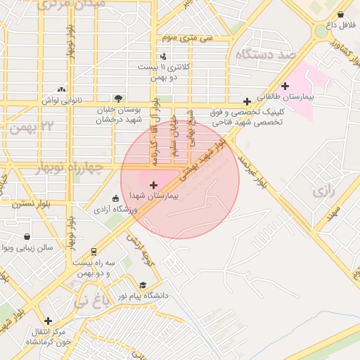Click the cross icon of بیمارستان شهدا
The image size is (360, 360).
(154, 184)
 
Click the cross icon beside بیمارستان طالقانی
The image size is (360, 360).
(285, 86)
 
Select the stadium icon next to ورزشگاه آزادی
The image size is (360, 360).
(115, 198)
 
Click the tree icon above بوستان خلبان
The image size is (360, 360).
(117, 98)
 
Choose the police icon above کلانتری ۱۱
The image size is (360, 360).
(164, 56)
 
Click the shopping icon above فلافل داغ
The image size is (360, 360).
(341, 14)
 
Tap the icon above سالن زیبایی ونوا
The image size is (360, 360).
(27, 236)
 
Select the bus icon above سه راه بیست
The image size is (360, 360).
(94, 252)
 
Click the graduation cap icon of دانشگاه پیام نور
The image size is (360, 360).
(143, 285)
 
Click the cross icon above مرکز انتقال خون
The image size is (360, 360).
(48, 321)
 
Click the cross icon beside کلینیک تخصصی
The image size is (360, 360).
(246, 101)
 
